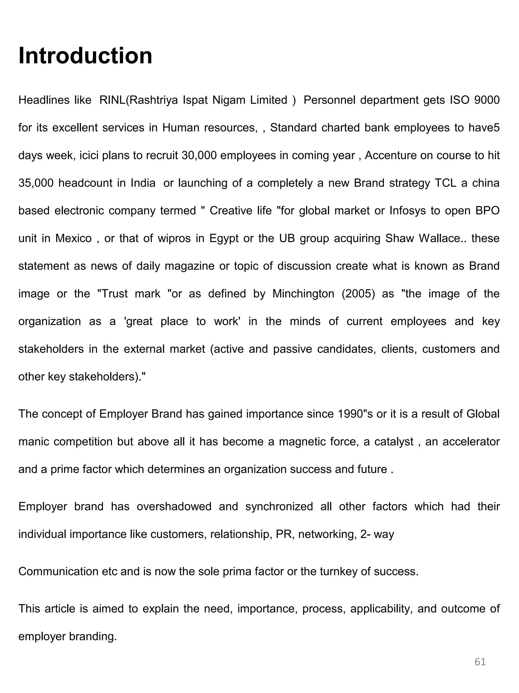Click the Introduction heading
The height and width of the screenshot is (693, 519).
85,56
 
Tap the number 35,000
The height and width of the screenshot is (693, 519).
36,183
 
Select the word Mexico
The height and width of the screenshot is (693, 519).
73,239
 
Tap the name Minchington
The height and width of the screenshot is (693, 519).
303,294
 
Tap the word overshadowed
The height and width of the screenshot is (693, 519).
174,506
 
